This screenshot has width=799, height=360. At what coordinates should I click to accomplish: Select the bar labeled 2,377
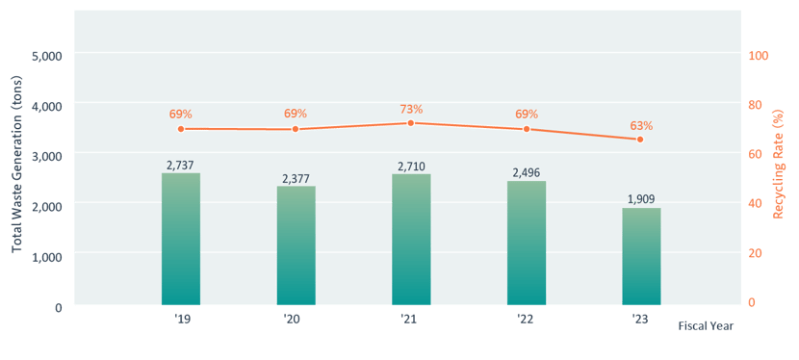[x=296, y=245]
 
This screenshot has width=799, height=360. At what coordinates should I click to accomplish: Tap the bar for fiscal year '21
[x=411, y=240]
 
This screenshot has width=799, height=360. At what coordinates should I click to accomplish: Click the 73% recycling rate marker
[x=411, y=123]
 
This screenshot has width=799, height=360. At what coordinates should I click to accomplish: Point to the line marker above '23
[x=641, y=140]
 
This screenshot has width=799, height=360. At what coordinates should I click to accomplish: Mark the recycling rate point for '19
[x=181, y=129]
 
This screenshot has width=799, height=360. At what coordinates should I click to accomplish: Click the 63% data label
[x=641, y=125]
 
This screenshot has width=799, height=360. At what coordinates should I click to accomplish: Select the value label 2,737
[x=181, y=166]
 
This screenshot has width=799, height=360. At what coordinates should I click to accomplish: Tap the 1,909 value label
[x=641, y=199]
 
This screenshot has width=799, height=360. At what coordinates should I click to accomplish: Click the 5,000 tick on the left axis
[x=46, y=56]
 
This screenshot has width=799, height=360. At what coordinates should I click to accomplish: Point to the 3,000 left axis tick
[x=46, y=155]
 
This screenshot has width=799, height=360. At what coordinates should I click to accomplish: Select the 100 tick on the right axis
[x=759, y=56]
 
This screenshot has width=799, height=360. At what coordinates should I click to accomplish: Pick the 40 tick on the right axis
[x=756, y=203]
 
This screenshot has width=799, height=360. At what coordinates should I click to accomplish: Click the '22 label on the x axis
[x=525, y=318]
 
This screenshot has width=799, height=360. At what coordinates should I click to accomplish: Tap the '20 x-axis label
[x=294, y=318]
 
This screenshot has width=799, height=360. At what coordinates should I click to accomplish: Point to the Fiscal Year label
[x=706, y=326]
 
